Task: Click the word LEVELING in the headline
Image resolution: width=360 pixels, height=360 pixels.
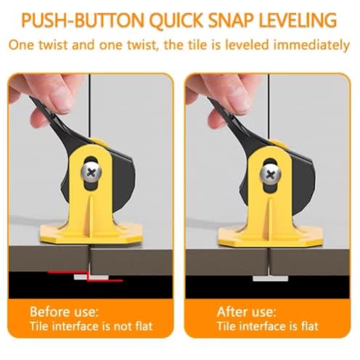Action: pyautogui.click(x=298, y=20)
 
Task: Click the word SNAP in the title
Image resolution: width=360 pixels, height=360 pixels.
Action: pyautogui.click(x=231, y=20)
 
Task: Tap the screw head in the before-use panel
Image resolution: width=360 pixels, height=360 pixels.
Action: pyautogui.click(x=91, y=172)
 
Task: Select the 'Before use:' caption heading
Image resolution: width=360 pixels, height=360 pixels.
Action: pyautogui.click(x=65, y=311)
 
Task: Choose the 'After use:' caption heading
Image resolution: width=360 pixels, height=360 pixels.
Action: pyautogui.click(x=246, y=311)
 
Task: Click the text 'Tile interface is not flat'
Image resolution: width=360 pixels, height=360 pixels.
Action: pyautogui.click(x=91, y=327)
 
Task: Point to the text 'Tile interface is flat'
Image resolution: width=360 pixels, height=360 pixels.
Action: pyautogui.click(x=268, y=327)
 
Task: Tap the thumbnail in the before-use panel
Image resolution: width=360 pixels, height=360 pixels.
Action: pyautogui.click(x=62, y=100)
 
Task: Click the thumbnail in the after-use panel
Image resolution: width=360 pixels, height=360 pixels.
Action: pyautogui.click(x=240, y=100)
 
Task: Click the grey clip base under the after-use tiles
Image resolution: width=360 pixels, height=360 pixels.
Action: pyautogui.click(x=270, y=279)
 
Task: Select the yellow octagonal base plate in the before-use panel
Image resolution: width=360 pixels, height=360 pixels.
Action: pyautogui.click(x=91, y=234)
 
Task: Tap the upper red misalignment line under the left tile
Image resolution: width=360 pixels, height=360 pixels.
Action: pyautogui.click(x=68, y=272)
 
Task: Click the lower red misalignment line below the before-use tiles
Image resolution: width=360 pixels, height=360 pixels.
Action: pyautogui.click(x=105, y=281)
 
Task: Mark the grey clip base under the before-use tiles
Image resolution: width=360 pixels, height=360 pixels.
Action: pyautogui.click(x=91, y=277)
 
